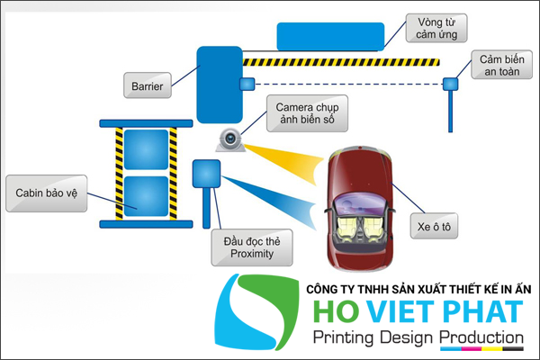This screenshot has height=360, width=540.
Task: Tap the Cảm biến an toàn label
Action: click(x=500, y=65)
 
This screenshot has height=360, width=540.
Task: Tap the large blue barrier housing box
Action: click(x=217, y=84)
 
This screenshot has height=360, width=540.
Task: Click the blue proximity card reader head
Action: click(x=207, y=173)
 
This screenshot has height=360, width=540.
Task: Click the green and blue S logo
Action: click(x=262, y=314)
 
